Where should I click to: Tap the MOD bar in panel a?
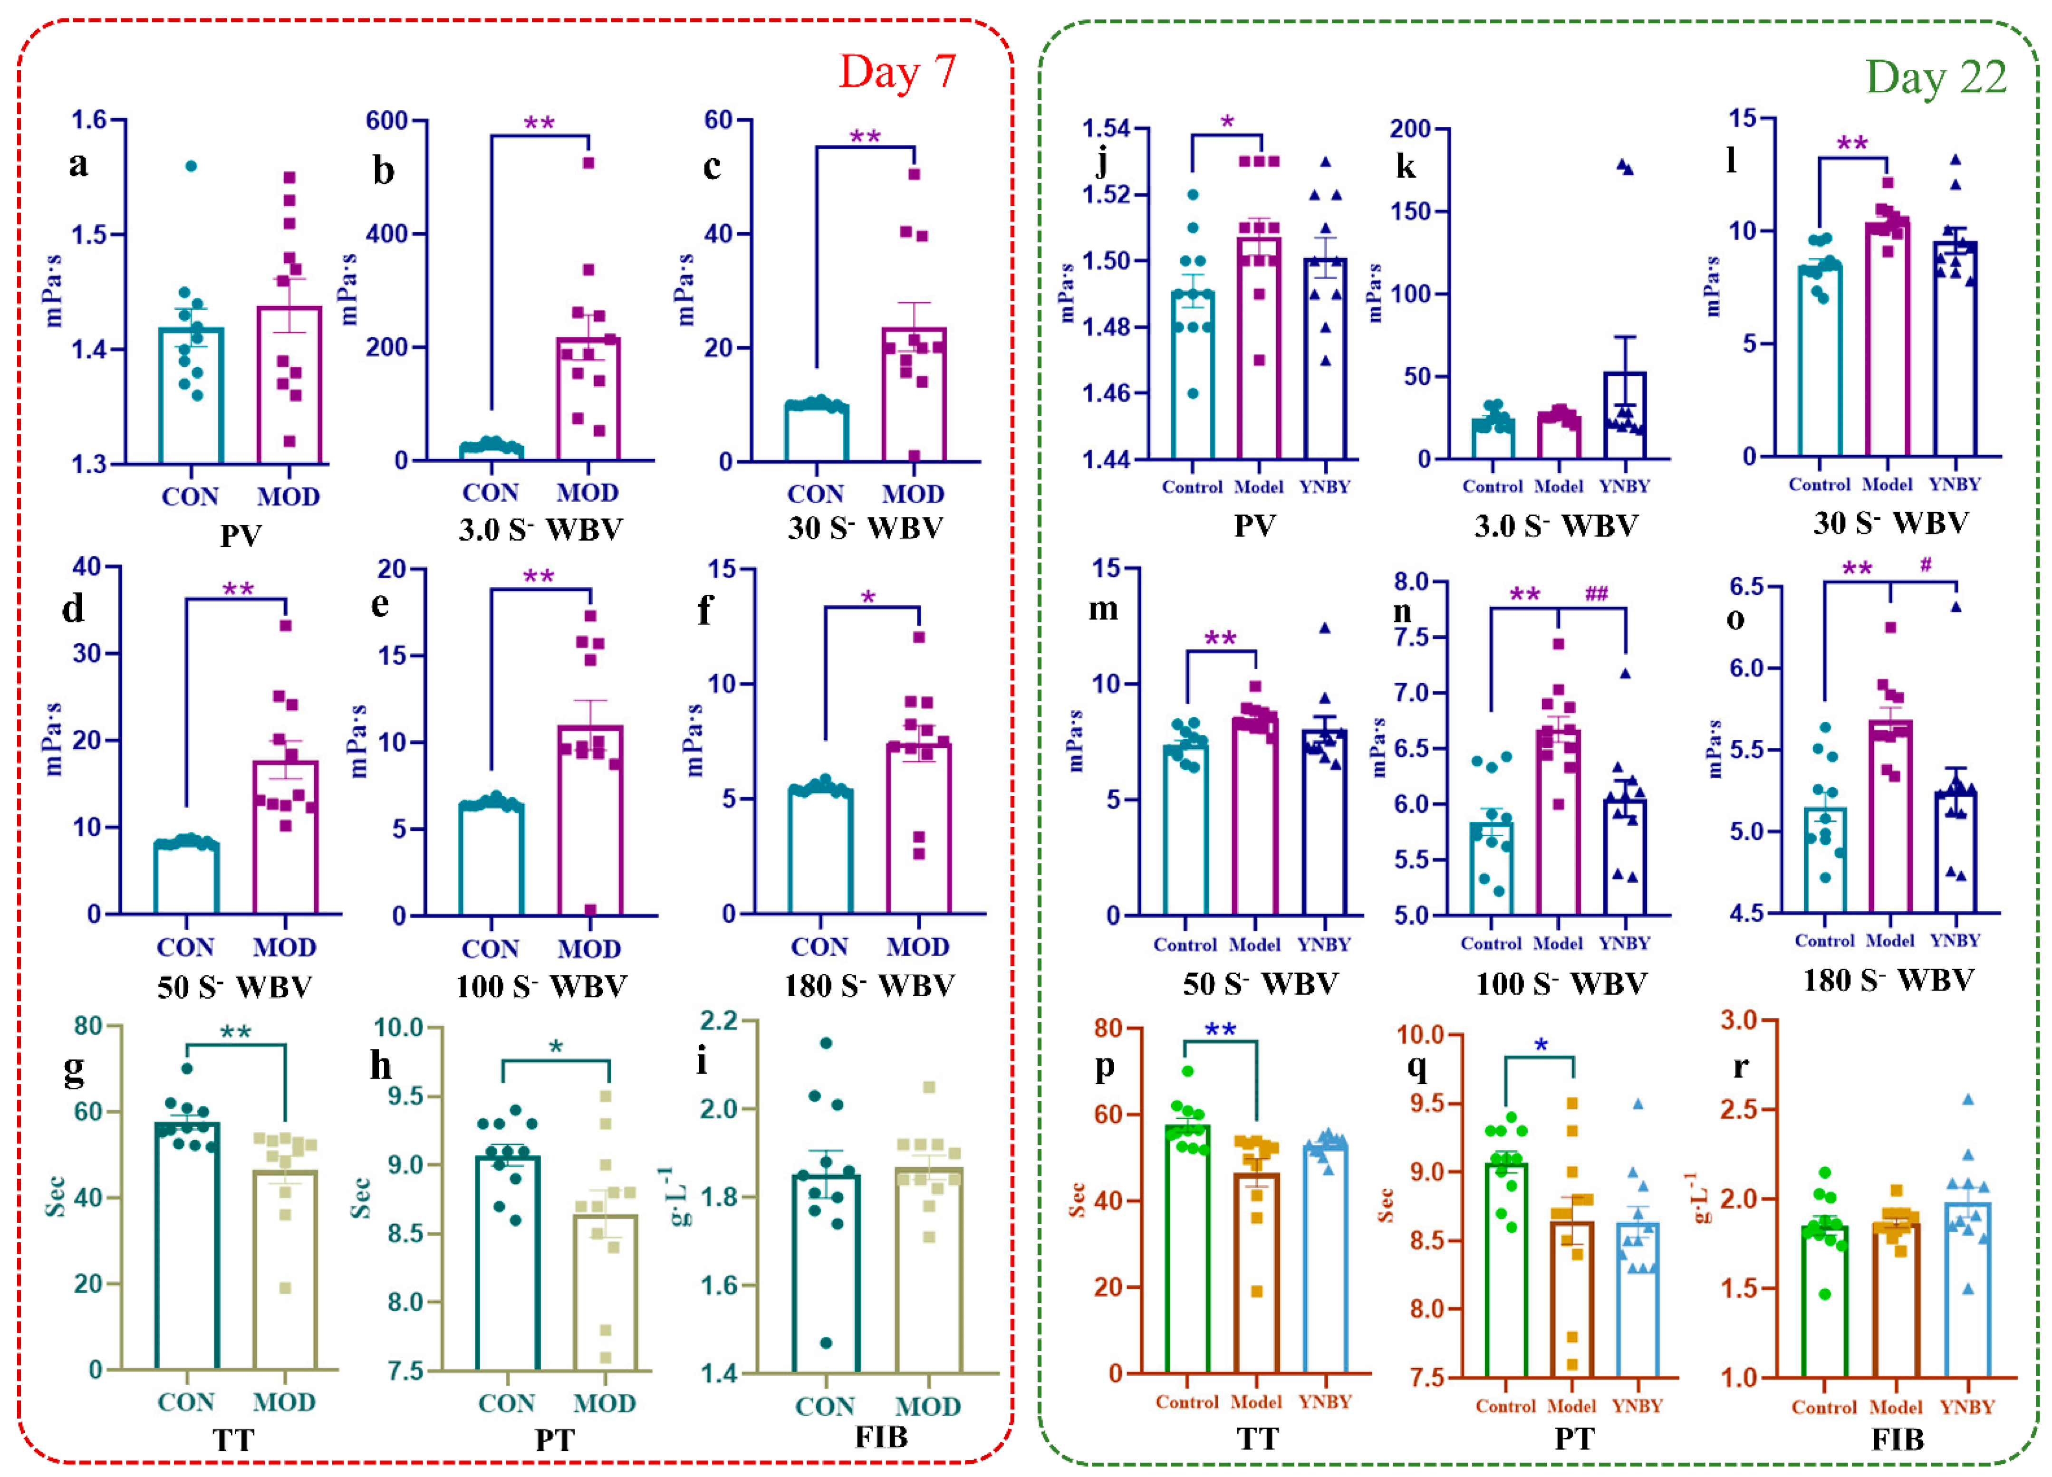click(x=289, y=384)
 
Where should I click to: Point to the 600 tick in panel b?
click(x=387, y=120)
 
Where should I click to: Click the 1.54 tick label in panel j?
click(x=1107, y=128)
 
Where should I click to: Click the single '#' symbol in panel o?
click(x=1926, y=565)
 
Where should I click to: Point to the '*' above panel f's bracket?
click(x=868, y=598)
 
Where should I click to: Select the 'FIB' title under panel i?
click(x=881, y=1436)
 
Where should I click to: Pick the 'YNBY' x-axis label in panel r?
click(x=1967, y=1407)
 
